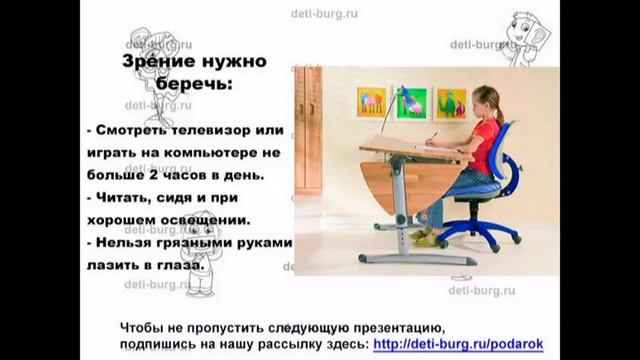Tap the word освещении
[x=209, y=219]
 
